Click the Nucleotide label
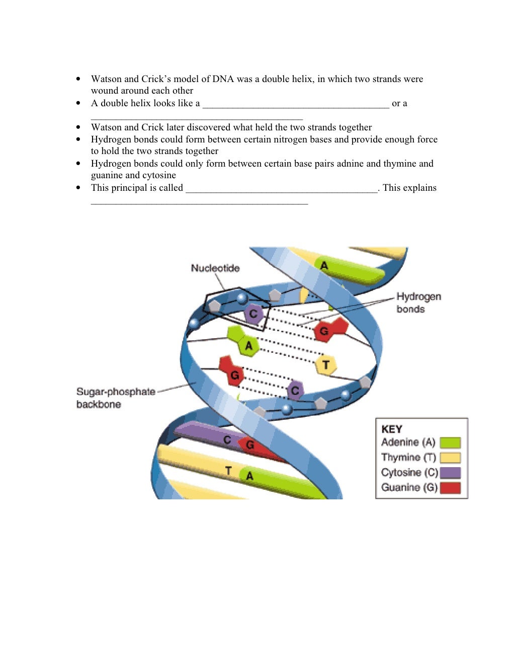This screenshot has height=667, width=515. pos(215,268)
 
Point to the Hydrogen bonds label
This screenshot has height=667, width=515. pos(418,303)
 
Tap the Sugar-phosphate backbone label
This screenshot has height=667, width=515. pos(115,398)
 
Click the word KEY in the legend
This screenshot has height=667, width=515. pos(392,429)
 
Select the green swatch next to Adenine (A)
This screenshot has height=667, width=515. pos(450,443)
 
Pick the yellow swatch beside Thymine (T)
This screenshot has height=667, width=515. pos(450,458)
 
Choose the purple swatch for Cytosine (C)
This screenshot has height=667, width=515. pos(450,473)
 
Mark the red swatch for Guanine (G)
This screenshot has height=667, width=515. pos(450,488)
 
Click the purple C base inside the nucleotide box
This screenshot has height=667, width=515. pos(253,314)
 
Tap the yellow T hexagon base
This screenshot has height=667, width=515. pos(326,365)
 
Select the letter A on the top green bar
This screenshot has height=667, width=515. pos(324,265)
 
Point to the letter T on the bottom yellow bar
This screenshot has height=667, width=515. pos(228,471)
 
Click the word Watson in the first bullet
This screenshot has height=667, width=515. pos(106,79)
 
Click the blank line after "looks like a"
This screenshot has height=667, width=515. pos(296,104)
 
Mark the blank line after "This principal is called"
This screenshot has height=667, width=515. pos(282,189)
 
